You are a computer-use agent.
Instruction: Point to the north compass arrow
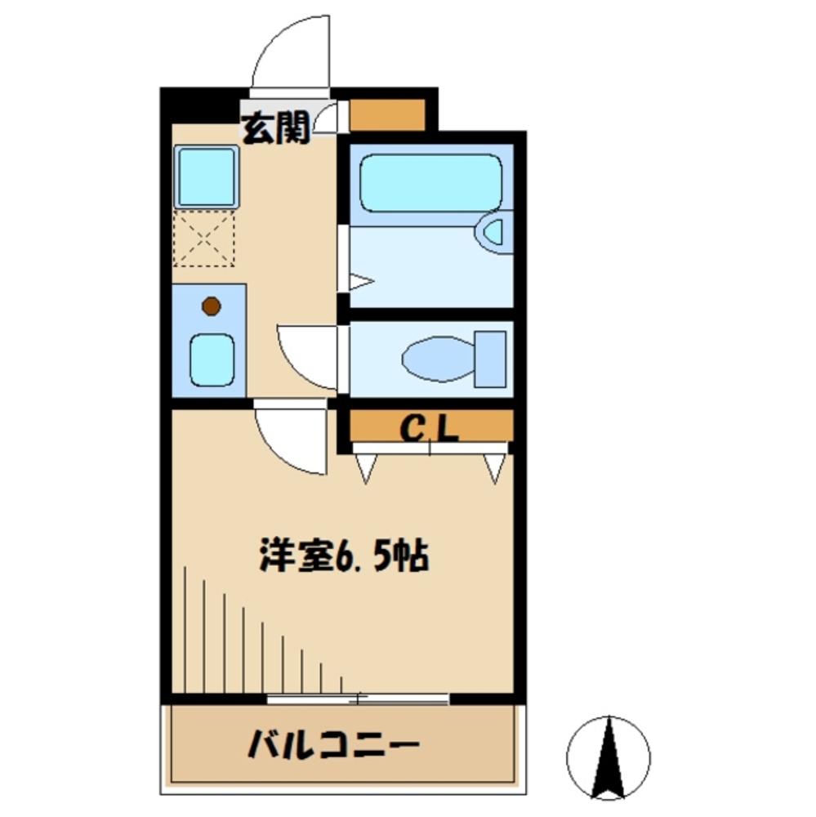click(x=609, y=757)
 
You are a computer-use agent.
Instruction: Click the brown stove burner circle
click(x=212, y=306)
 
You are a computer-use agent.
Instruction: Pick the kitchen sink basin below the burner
click(x=212, y=359)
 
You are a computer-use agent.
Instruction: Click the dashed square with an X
click(x=206, y=239)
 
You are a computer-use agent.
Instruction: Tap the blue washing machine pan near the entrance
click(x=206, y=177)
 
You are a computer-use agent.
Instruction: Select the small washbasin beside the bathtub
click(x=495, y=232)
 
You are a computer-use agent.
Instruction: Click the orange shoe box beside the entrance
click(x=387, y=115)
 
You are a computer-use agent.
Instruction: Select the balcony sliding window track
click(x=358, y=699)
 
